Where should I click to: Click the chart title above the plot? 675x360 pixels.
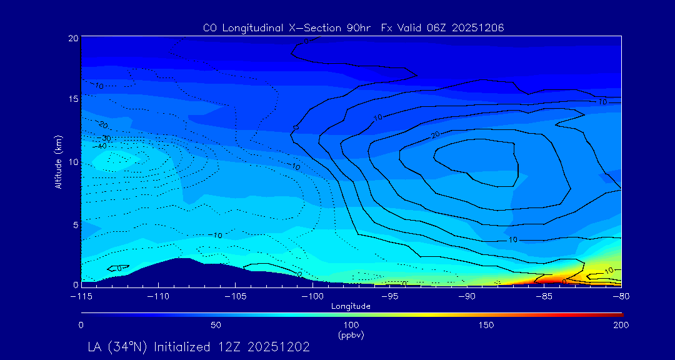[x=353, y=27]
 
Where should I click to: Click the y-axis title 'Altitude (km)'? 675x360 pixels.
[x=58, y=161]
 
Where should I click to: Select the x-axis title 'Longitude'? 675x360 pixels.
[x=351, y=306]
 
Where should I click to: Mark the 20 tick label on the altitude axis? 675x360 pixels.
[x=72, y=38]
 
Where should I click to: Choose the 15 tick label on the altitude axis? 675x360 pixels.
[x=72, y=99]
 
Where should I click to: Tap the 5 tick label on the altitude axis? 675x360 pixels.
[x=75, y=224]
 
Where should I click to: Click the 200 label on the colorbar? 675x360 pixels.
[x=621, y=325]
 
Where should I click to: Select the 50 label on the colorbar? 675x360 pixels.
[x=216, y=325]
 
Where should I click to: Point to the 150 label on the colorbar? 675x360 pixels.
[x=486, y=325]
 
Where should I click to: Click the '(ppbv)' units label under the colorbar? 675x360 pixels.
[x=351, y=335]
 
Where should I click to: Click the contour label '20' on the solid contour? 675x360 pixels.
[x=436, y=135]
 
